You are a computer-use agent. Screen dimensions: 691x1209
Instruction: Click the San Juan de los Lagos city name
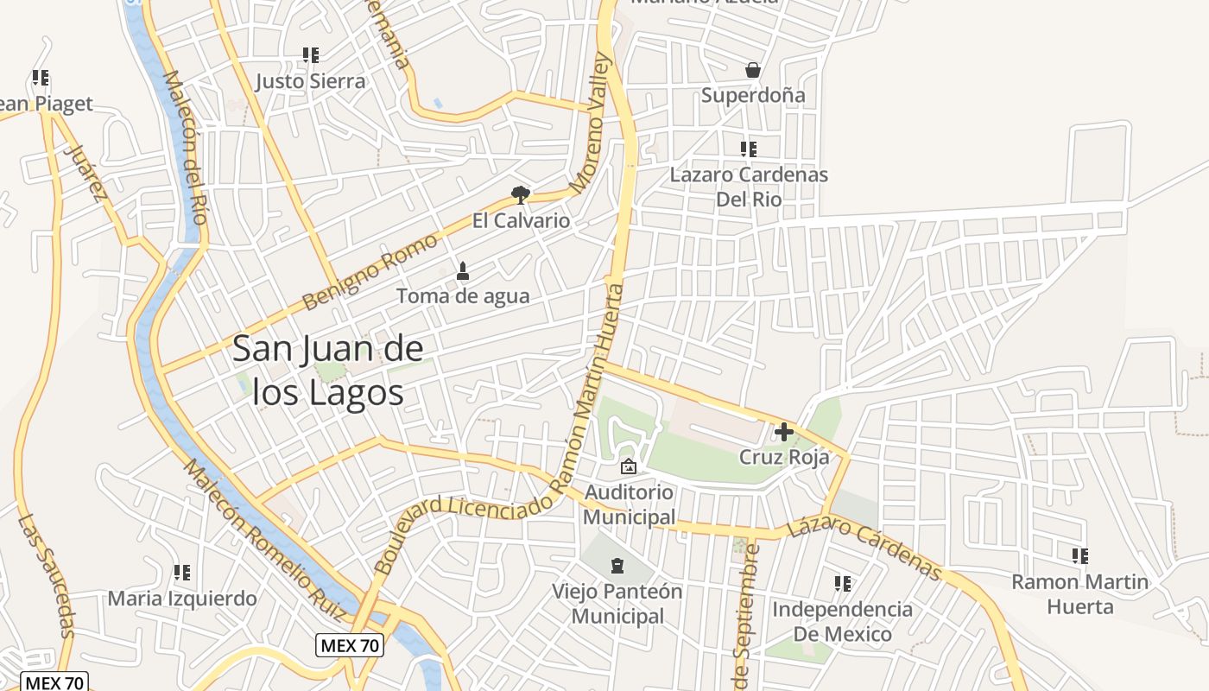328,371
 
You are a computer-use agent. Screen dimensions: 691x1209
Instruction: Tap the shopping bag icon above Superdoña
753,70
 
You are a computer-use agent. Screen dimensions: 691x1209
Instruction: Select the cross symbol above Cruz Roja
784,431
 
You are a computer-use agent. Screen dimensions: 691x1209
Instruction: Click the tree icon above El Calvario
520,194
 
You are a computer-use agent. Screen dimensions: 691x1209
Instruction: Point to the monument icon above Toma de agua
463,270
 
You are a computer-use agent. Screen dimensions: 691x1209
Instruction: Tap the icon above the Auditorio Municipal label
629,466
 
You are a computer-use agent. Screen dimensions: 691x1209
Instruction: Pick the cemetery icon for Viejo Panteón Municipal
617,567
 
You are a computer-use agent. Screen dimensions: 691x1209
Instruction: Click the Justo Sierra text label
310,81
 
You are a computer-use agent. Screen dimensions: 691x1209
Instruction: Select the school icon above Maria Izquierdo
182,573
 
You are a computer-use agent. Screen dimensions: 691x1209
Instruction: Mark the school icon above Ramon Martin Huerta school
1080,555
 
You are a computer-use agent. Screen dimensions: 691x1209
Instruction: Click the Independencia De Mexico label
842,622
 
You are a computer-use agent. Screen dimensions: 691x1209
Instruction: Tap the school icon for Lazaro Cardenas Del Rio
749,149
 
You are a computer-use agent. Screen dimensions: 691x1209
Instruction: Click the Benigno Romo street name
370,272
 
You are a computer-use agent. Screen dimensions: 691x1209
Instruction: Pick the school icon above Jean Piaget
41,78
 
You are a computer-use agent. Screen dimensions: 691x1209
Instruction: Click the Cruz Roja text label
784,457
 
